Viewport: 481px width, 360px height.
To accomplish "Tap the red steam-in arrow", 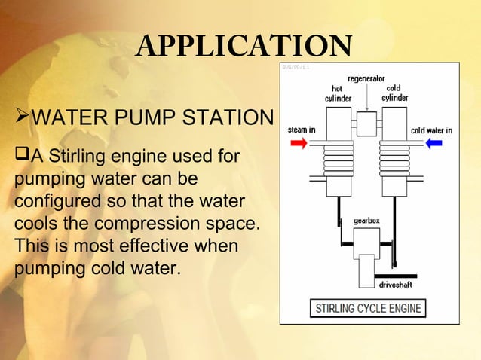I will point(298,143).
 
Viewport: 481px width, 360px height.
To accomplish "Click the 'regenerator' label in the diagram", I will point(366,79).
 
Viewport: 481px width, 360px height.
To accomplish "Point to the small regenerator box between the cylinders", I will point(366,124).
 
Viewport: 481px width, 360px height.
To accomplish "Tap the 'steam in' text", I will point(302,130).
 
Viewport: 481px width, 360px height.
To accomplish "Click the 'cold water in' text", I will point(431,130).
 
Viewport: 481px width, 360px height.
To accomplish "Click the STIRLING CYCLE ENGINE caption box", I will point(368,308).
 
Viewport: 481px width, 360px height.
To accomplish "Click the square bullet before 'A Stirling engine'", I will point(20,157).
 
